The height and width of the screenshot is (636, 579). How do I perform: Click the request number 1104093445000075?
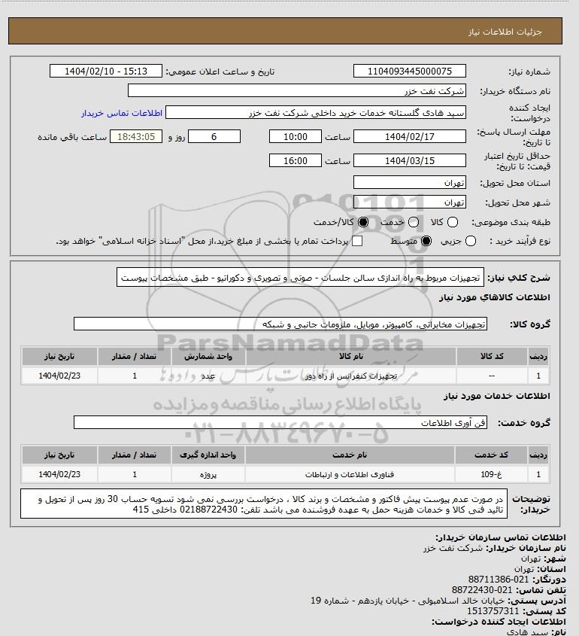[x=409, y=72]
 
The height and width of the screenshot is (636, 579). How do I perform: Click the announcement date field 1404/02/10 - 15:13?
[x=105, y=72]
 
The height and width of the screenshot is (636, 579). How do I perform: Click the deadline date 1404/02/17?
[x=409, y=137]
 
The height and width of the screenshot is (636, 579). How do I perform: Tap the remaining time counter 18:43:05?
[x=136, y=137]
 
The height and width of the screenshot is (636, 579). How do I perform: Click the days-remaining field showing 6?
[x=214, y=137]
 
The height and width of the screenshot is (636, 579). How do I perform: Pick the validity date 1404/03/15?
[x=409, y=160]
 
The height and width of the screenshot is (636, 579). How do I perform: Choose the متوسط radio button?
[x=426, y=241]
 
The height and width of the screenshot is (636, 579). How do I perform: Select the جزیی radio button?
[x=471, y=241]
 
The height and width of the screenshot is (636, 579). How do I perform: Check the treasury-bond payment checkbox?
[x=357, y=241]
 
